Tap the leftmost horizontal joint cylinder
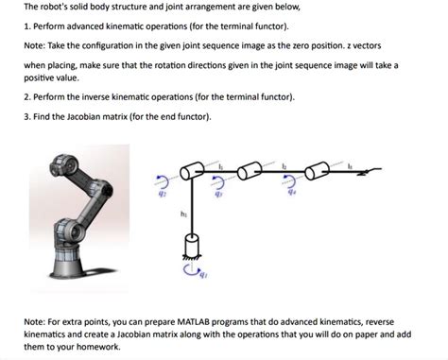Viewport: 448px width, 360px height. coord(196,172)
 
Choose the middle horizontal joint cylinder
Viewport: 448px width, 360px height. coord(251,172)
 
